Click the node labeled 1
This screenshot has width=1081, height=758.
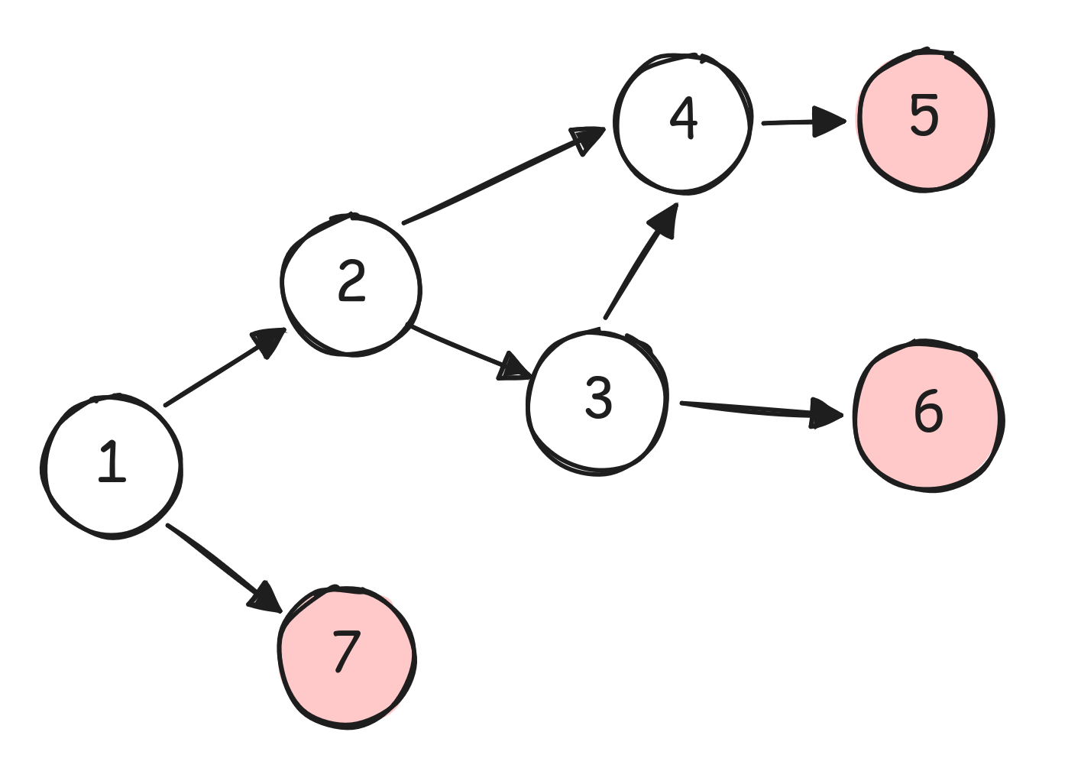112,465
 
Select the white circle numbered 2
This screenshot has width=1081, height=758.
351,284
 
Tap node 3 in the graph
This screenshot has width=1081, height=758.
597,402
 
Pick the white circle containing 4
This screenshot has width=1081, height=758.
683,122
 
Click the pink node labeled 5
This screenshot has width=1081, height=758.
925,119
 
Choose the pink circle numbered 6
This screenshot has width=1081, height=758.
928,414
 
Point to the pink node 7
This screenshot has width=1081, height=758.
346,656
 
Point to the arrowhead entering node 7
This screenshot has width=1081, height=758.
266,597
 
